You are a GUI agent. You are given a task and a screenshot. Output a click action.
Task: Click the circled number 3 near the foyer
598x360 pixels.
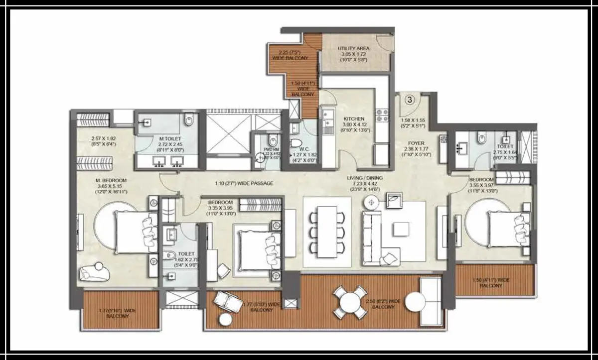click(x=409, y=99)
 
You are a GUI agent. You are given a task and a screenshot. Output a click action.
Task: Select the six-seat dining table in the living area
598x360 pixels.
click(x=327, y=232)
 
